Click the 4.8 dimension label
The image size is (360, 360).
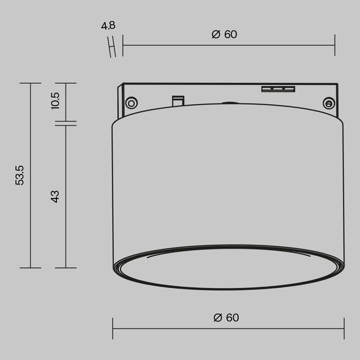[109, 27]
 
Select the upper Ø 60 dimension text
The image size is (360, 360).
[225, 35]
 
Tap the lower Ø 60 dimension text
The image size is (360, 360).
[226, 317]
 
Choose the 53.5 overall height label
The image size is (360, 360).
[20, 175]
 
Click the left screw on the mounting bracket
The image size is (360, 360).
[132, 102]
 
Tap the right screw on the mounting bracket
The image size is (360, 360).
[329, 103]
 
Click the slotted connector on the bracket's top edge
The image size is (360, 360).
[279, 88]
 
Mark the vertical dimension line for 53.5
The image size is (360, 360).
[31, 175]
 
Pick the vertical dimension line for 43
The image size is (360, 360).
[65, 196]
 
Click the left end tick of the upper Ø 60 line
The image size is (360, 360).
[123, 46]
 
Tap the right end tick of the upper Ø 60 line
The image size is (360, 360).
[334, 46]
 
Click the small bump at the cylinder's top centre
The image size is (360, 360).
[228, 103]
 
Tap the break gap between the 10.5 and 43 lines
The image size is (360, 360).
[65, 122]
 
